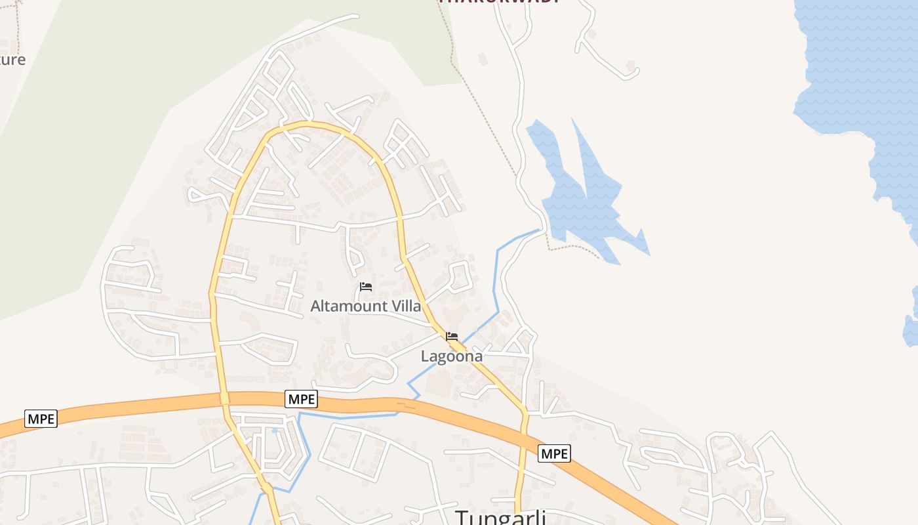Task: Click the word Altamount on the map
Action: (x=348, y=306)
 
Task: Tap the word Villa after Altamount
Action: (x=405, y=306)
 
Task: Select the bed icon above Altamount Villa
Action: (x=366, y=287)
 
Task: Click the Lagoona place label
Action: (x=451, y=356)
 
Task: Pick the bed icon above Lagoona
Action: (x=452, y=337)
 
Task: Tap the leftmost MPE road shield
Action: (x=41, y=419)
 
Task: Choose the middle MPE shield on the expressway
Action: (x=302, y=398)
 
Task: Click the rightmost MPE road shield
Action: (x=554, y=453)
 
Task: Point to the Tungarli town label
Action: (x=501, y=517)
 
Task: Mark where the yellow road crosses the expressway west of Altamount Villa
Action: (x=224, y=398)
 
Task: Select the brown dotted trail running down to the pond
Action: (x=485, y=112)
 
